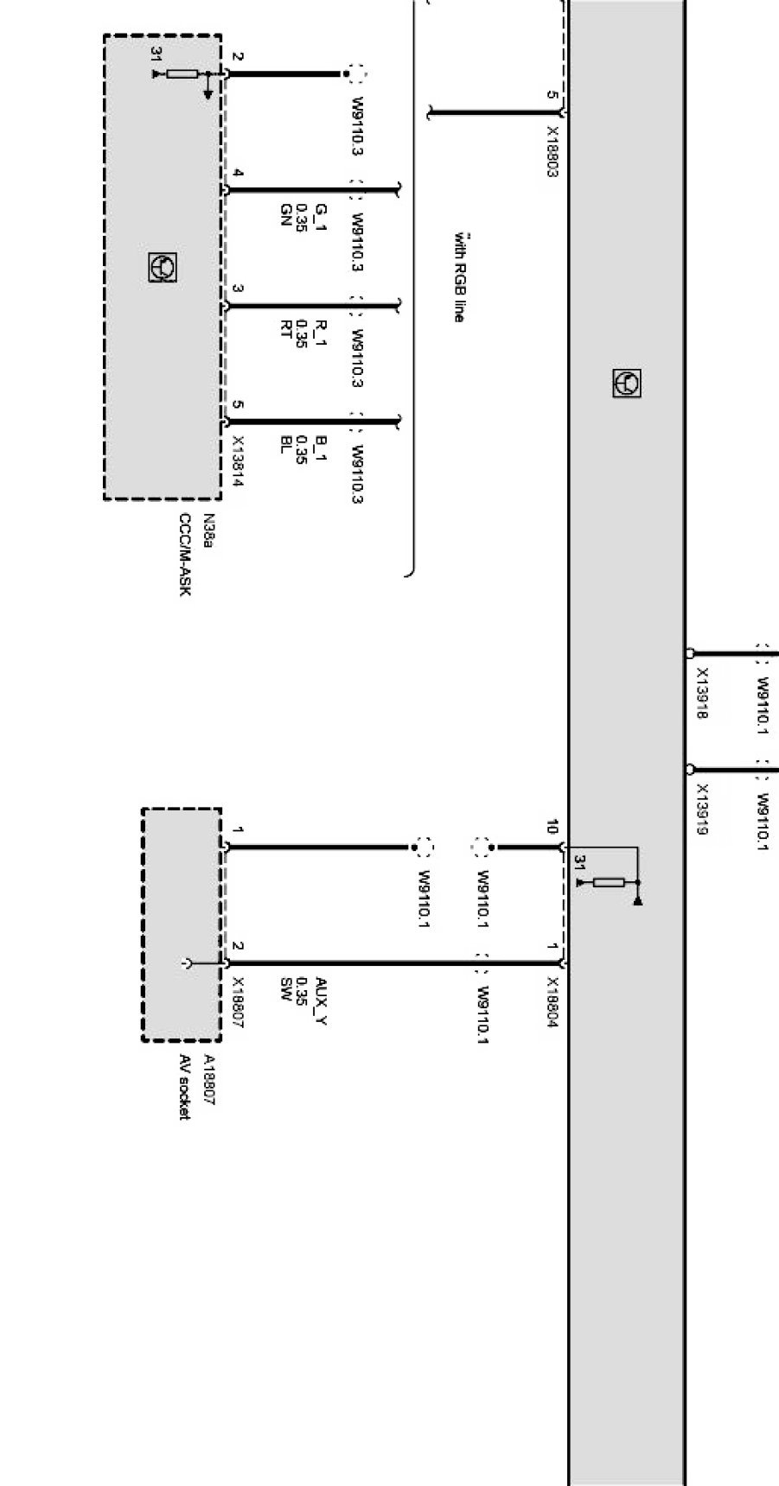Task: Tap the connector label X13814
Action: [x=237, y=460]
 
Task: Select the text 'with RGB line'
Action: [x=459, y=276]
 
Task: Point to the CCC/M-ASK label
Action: [x=185, y=555]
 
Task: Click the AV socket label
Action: [x=184, y=1087]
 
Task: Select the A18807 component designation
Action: [x=208, y=1080]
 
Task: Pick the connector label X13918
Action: [x=702, y=693]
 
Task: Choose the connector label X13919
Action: [x=702, y=810]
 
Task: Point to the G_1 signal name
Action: [x=320, y=213]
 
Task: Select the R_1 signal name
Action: [x=320, y=329]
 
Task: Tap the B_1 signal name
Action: [x=320, y=446]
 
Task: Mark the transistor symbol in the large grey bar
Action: [x=627, y=383]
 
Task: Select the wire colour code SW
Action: [x=284, y=986]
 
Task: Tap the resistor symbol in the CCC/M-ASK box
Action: [x=182, y=74]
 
